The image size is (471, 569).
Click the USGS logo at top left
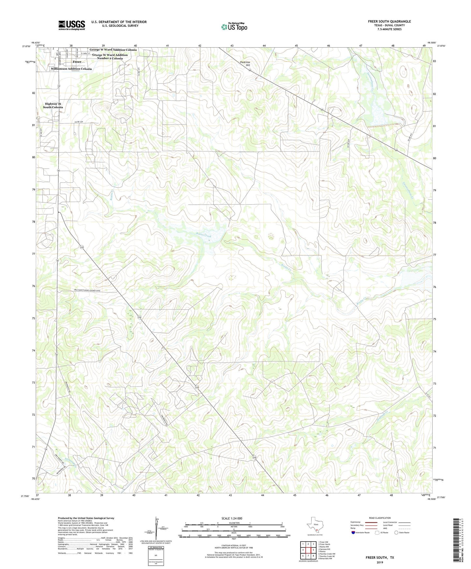pyautogui.click(x=72, y=25)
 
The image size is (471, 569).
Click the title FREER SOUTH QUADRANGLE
pyautogui.click(x=389, y=22)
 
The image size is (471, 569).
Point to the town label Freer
pyautogui.click(x=77, y=62)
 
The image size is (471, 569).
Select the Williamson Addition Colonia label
pyautogui.click(x=71, y=69)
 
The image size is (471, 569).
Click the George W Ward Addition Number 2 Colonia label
pyautogui.click(x=110, y=57)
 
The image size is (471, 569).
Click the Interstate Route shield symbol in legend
pyautogui.click(x=353, y=533)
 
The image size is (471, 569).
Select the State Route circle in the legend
pyautogui.click(x=396, y=533)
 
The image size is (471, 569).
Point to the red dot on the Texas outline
pyautogui.click(x=316, y=530)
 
